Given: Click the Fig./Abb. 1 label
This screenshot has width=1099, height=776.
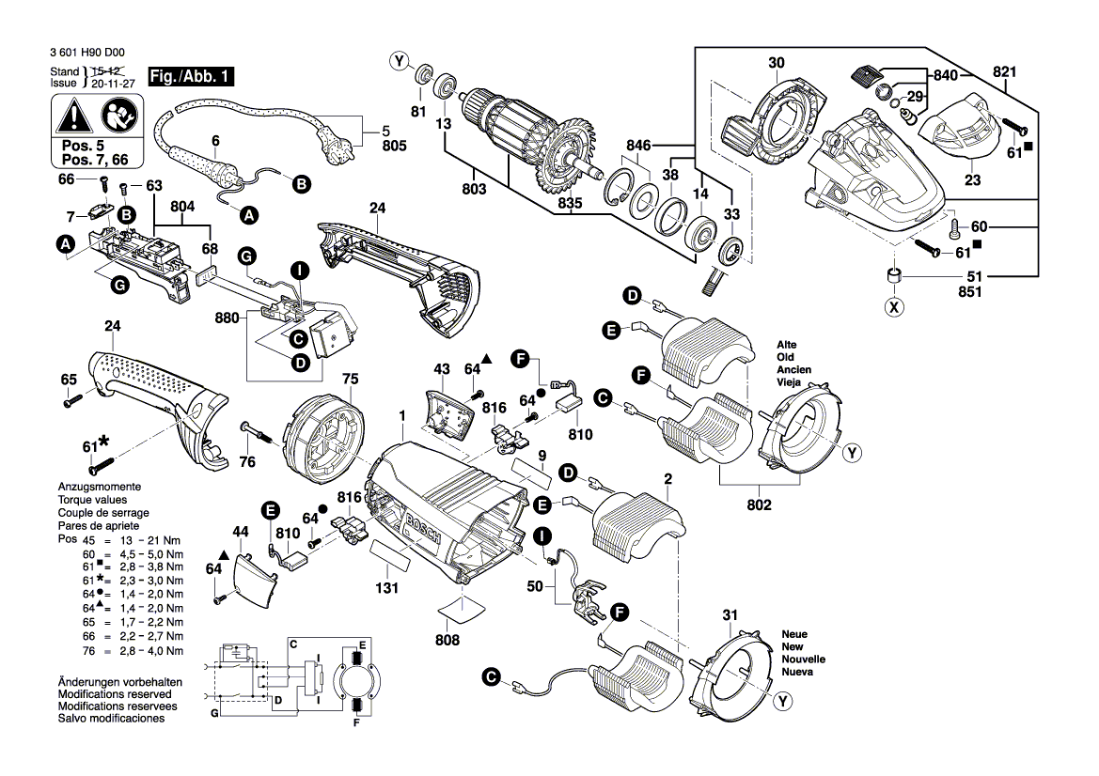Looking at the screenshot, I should coord(193,76).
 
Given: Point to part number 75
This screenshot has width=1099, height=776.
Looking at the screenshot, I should coord(350,379).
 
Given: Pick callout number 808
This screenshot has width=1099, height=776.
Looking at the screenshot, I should coord(447,640).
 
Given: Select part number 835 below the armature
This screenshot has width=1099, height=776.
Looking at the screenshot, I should coord(570,203).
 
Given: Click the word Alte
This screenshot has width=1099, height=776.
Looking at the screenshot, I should coord(787,345).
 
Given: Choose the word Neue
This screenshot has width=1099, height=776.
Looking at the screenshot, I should coord(795,635).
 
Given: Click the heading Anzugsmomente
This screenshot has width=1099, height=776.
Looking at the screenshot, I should coord(100,488).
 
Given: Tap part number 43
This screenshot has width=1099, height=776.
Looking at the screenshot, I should coord(442,370).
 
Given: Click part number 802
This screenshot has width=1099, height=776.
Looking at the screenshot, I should coord(759,505).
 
